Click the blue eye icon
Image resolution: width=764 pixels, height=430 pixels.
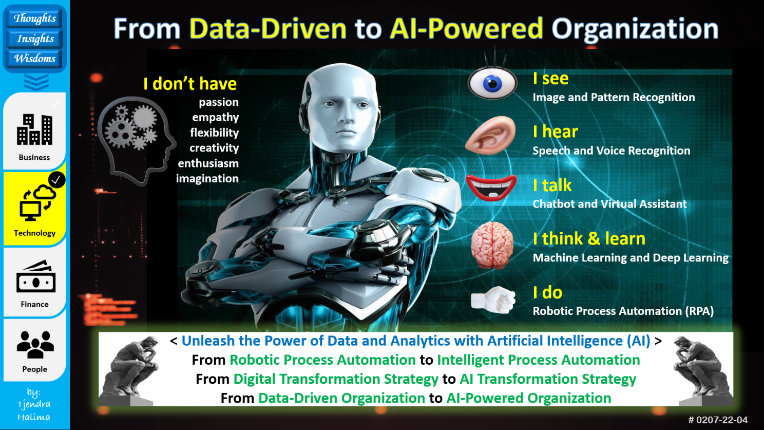tap(492, 82)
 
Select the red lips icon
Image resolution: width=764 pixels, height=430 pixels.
tap(491, 188)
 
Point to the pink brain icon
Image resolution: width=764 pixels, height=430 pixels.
tap(492, 245)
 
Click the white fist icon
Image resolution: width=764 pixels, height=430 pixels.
tap(493, 300)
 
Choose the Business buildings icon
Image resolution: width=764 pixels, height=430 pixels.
tap(34, 129)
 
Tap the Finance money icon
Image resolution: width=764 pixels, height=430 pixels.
tap(35, 276)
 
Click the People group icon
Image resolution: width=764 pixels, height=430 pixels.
tap(35, 344)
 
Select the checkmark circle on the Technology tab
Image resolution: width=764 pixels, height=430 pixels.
tap(56, 180)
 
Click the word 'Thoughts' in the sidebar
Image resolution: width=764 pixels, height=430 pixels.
tap(34, 18)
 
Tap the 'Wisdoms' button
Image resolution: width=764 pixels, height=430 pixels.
tap(34, 59)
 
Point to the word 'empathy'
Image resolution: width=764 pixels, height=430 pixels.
tap(215, 118)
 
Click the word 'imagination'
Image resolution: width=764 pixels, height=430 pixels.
tap(207, 178)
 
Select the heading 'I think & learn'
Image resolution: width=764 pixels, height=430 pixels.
tap(589, 238)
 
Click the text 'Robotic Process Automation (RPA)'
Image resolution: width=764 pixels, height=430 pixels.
tap(623, 311)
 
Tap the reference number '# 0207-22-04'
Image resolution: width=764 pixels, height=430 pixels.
tap(718, 420)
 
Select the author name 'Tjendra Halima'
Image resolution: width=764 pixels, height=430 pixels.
tap(34, 410)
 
